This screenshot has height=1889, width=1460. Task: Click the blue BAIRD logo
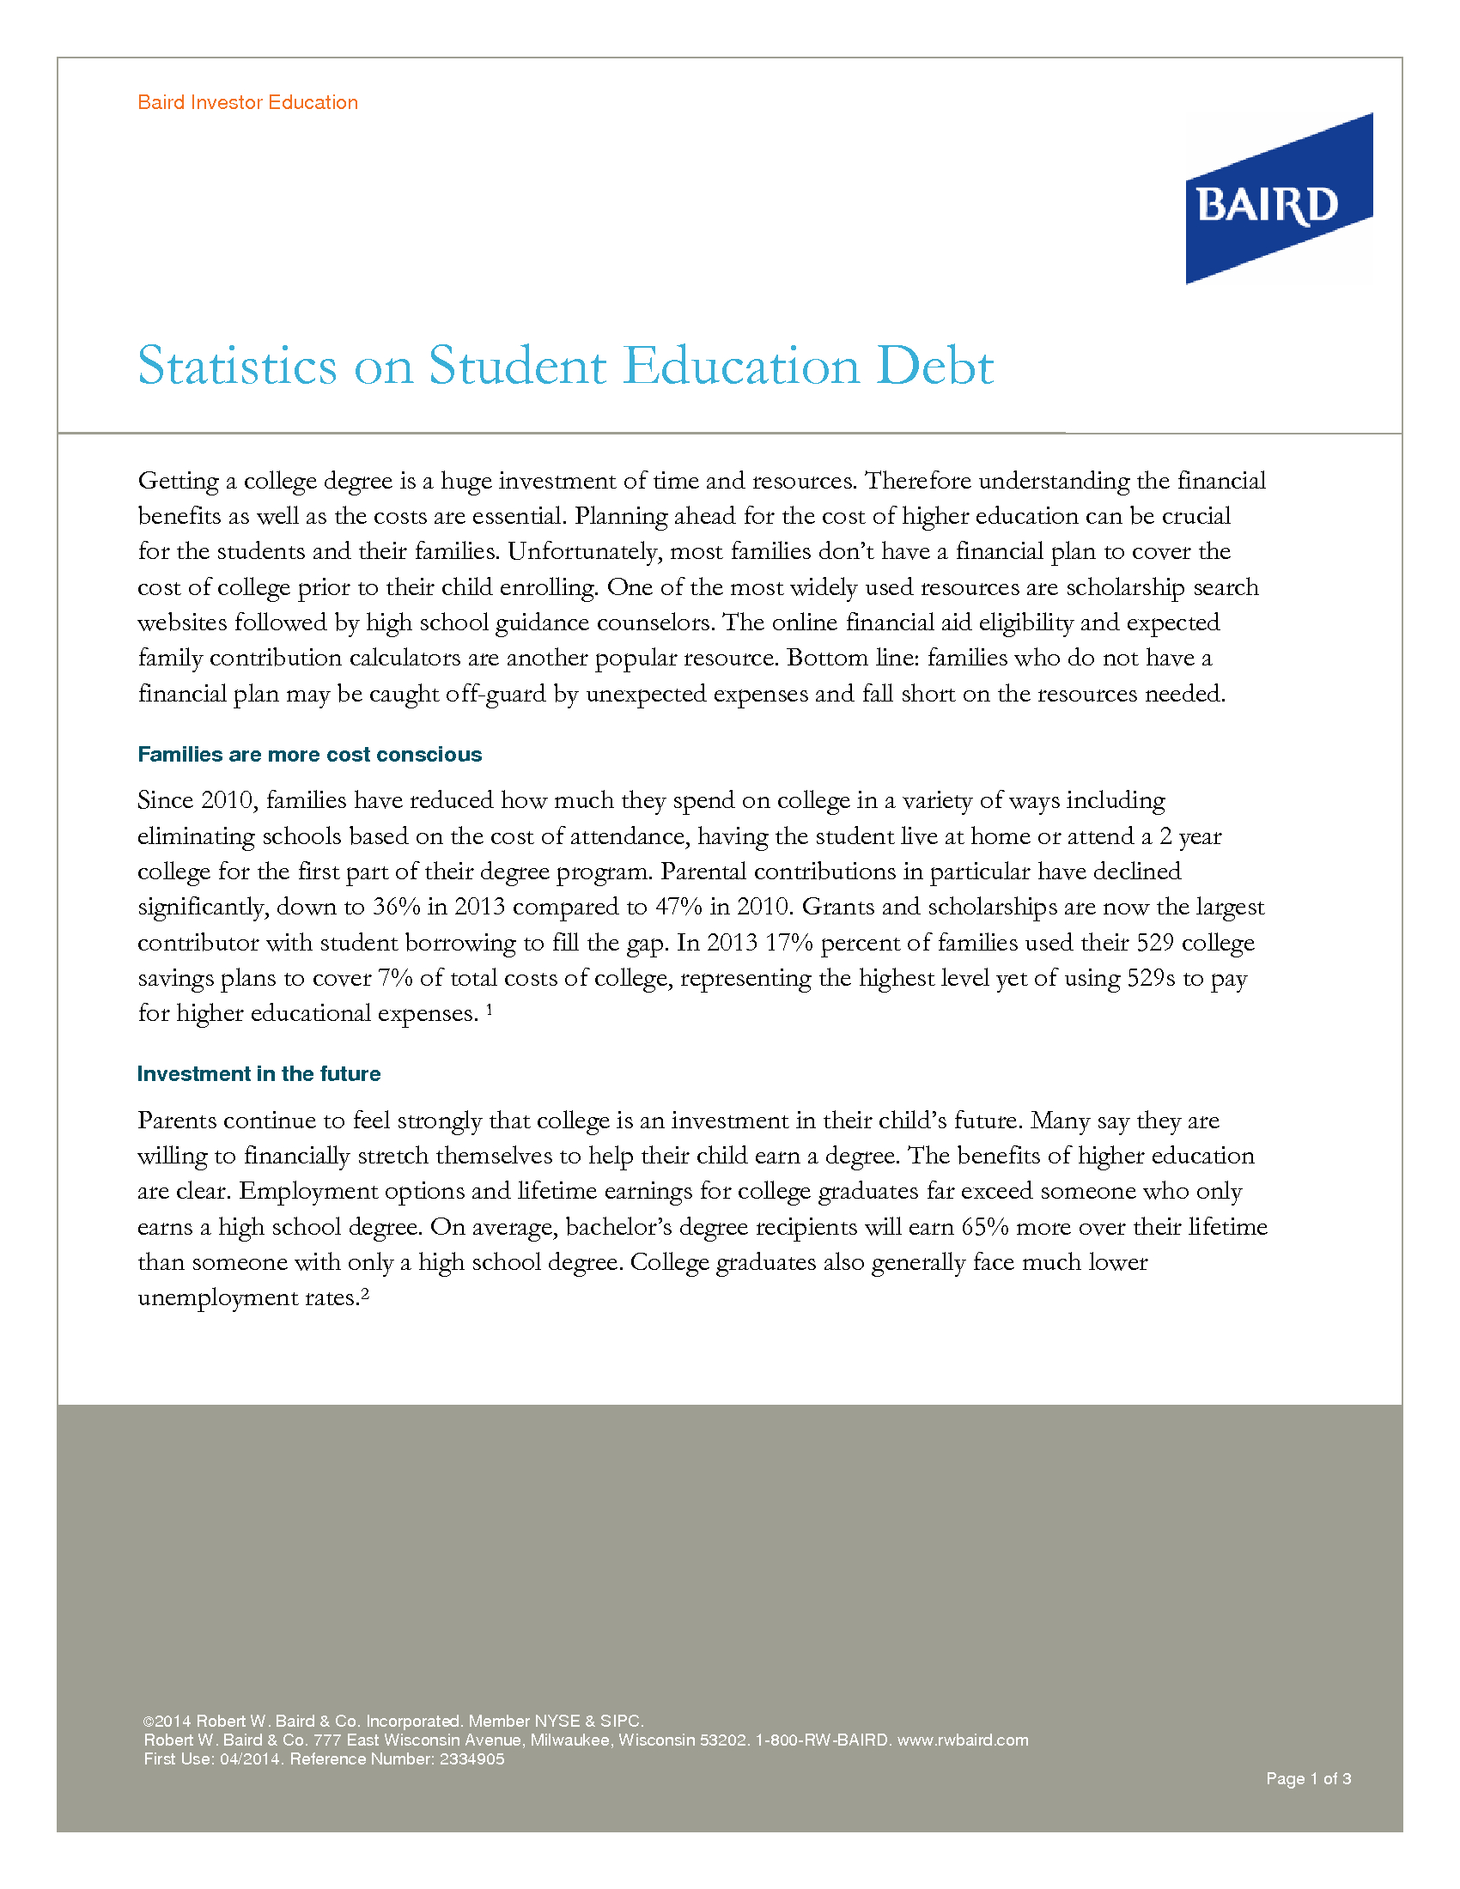pyautogui.click(x=1278, y=199)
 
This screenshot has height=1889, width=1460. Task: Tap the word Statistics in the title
pyautogui.click(x=237, y=366)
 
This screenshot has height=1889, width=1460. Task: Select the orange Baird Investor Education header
pyautogui.click(x=247, y=102)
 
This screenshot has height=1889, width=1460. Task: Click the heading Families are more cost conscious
pyautogui.click(x=310, y=754)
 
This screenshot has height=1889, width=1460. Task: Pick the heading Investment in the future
pyautogui.click(x=259, y=1073)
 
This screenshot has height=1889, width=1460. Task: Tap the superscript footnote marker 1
pyautogui.click(x=490, y=1009)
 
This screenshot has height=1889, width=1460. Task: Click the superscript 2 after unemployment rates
pyautogui.click(x=365, y=1294)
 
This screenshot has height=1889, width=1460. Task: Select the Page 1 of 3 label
pyautogui.click(x=1308, y=1778)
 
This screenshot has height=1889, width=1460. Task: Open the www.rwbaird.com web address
pyautogui.click(x=963, y=1740)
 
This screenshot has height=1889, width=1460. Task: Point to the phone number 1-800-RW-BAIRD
pyautogui.click(x=823, y=1740)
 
